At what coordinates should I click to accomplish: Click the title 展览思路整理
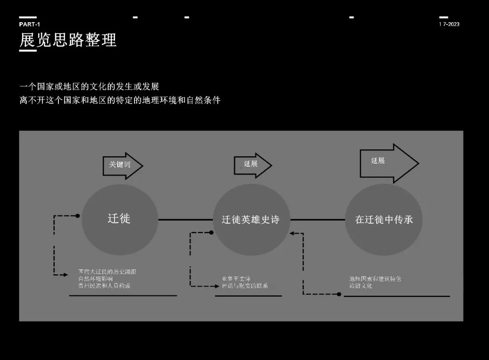tap(68, 40)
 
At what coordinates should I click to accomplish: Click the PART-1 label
tap(29, 24)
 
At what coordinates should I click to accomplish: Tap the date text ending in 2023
tap(449, 24)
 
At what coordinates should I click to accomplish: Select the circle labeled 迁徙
tap(120, 219)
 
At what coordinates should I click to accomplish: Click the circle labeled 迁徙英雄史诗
tap(251, 220)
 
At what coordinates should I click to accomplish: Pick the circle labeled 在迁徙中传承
tap(384, 220)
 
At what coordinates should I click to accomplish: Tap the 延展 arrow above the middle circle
tap(252, 164)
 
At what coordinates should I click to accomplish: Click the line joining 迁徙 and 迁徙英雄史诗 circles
tap(185, 220)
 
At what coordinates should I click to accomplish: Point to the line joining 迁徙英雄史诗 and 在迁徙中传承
tap(317, 220)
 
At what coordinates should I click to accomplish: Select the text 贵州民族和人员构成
tap(104, 286)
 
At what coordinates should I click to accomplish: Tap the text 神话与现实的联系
tap(245, 286)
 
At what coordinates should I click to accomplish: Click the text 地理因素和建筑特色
tap(372, 279)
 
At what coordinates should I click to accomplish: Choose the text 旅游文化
tap(361, 286)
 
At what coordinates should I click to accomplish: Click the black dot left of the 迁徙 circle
tap(78, 216)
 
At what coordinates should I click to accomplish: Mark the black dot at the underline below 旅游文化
tap(339, 294)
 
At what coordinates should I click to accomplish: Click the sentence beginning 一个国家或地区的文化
tap(89, 86)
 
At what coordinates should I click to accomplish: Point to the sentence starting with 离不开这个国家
tap(120, 101)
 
